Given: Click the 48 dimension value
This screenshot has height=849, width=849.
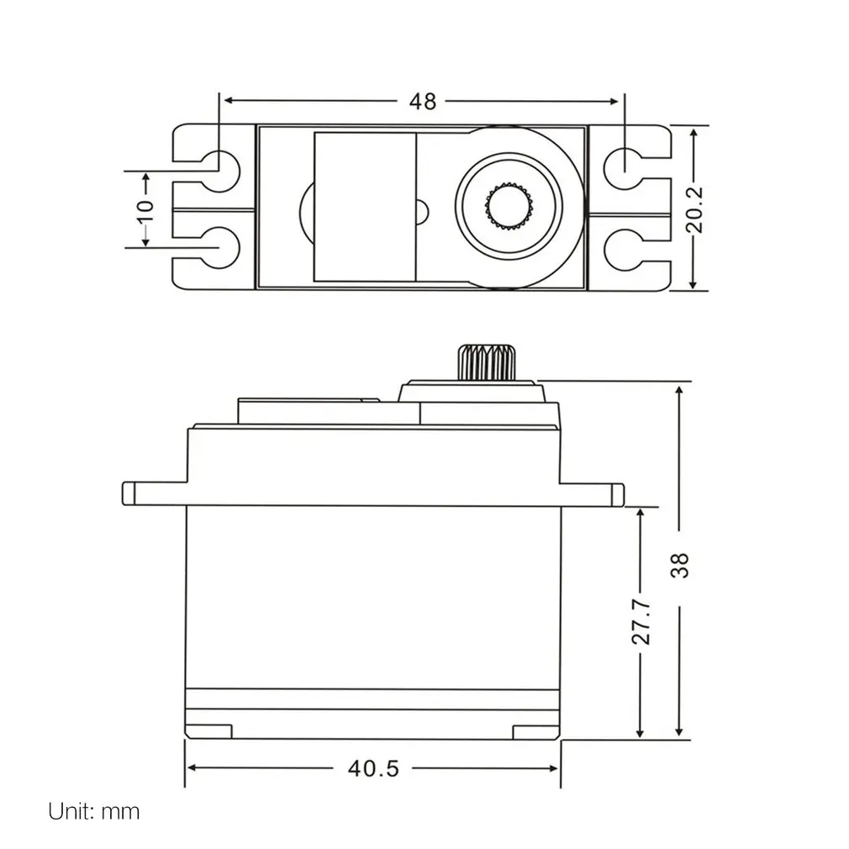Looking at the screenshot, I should pyautogui.click(x=423, y=101).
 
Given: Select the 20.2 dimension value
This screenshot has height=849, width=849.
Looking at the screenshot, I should pyautogui.click(x=693, y=208).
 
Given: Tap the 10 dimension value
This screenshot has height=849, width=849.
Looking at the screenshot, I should pyautogui.click(x=145, y=209).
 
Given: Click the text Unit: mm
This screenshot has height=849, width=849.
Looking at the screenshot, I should pyautogui.click(x=94, y=811).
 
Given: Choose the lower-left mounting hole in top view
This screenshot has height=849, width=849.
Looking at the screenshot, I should pyautogui.click(x=219, y=247).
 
